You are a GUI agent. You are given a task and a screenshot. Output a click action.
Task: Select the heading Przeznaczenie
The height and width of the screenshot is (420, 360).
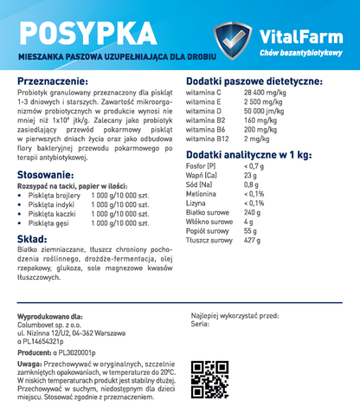click(60, 80)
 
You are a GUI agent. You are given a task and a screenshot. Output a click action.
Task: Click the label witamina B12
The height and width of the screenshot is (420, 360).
click(208, 139)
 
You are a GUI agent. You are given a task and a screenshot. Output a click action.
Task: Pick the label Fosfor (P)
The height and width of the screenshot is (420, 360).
click(201, 165)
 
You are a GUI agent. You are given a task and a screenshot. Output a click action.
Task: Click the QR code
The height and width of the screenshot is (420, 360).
click(208, 375)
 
